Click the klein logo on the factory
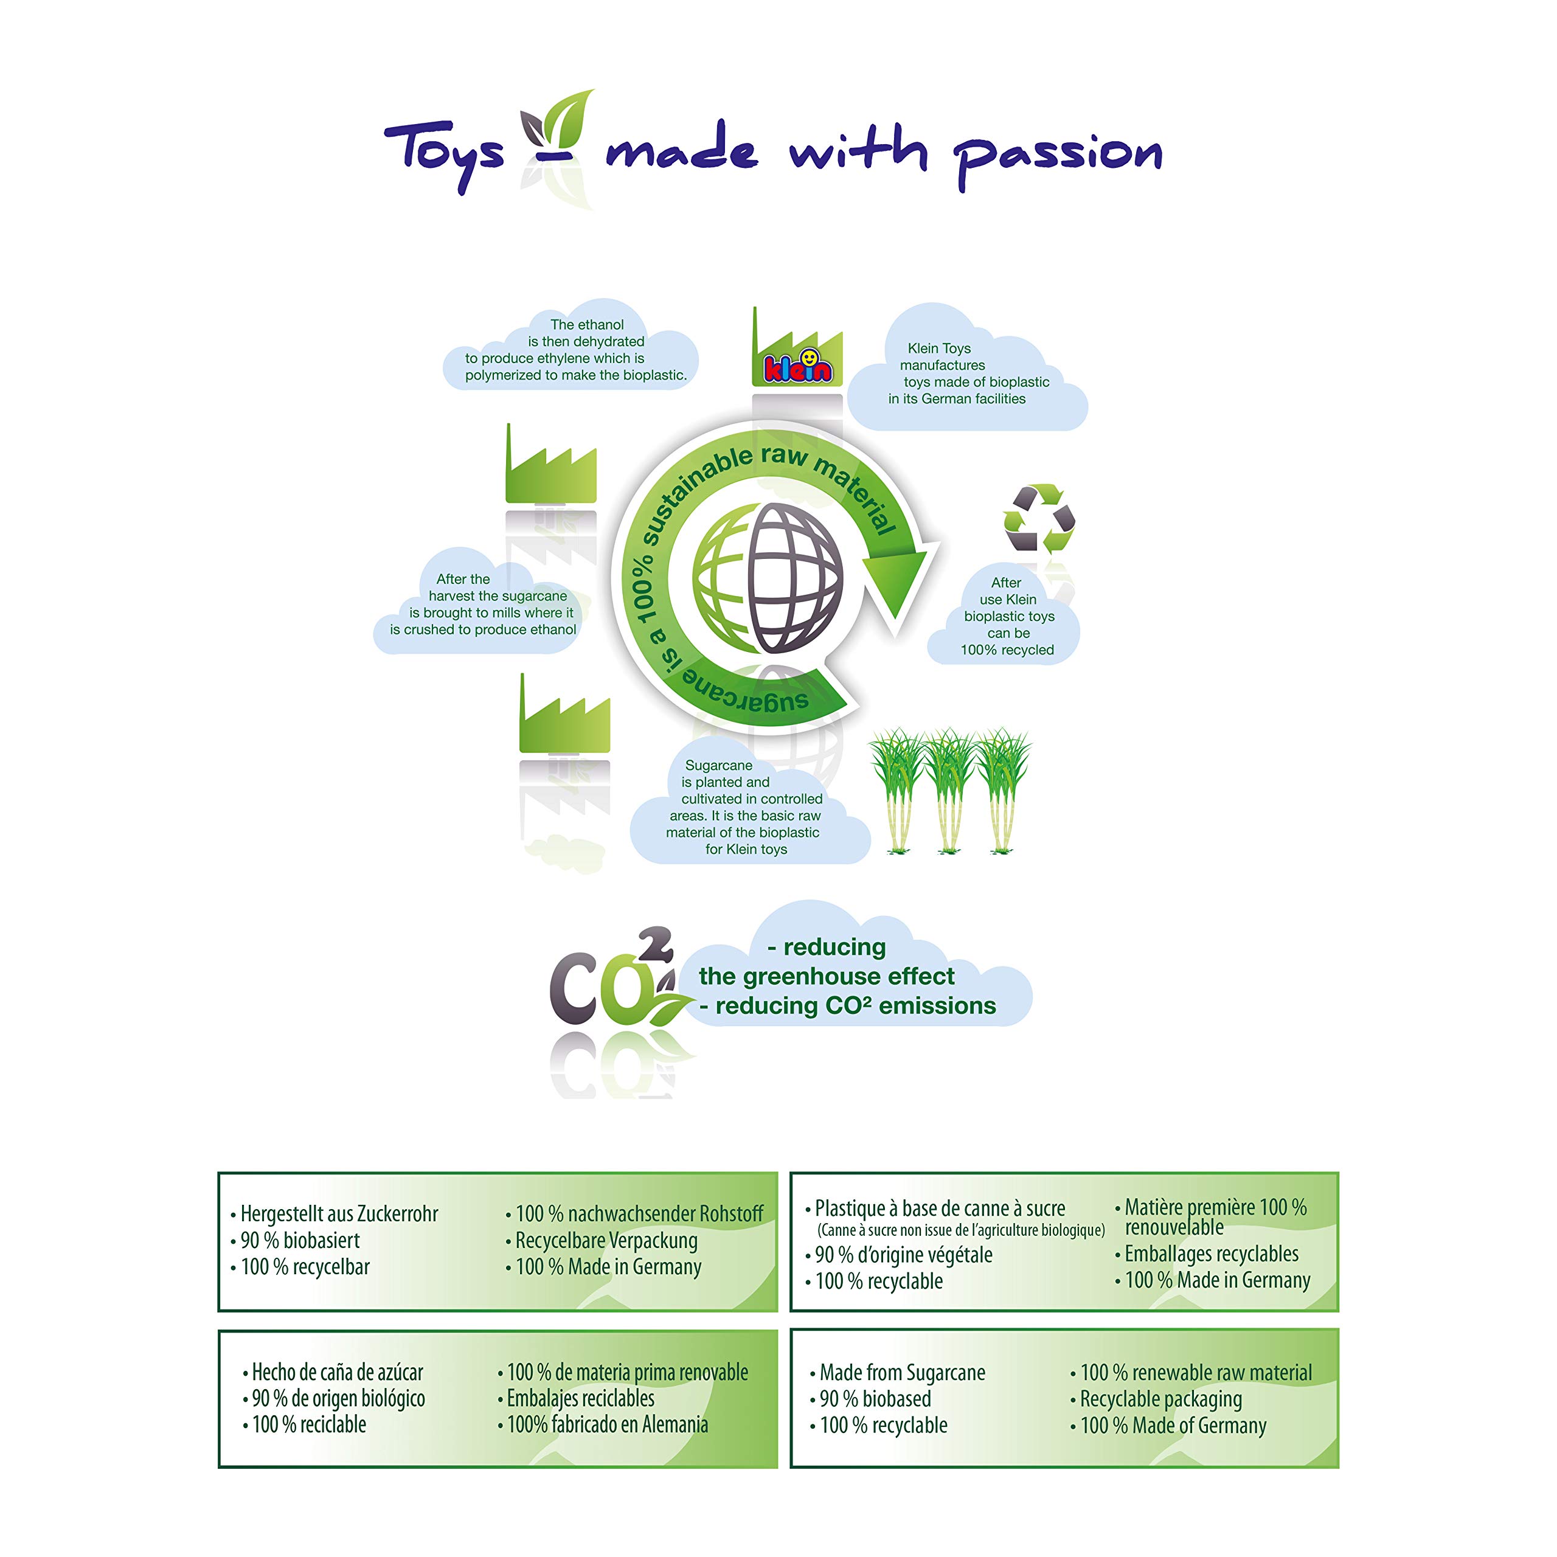click(x=798, y=367)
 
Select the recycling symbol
click(x=1039, y=519)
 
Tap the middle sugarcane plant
click(x=950, y=791)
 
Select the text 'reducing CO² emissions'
click(x=855, y=1006)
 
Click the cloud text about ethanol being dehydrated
click(x=575, y=350)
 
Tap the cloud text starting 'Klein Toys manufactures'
click(x=968, y=373)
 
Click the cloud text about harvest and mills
click(x=483, y=605)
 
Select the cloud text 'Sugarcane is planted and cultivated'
click(x=744, y=806)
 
